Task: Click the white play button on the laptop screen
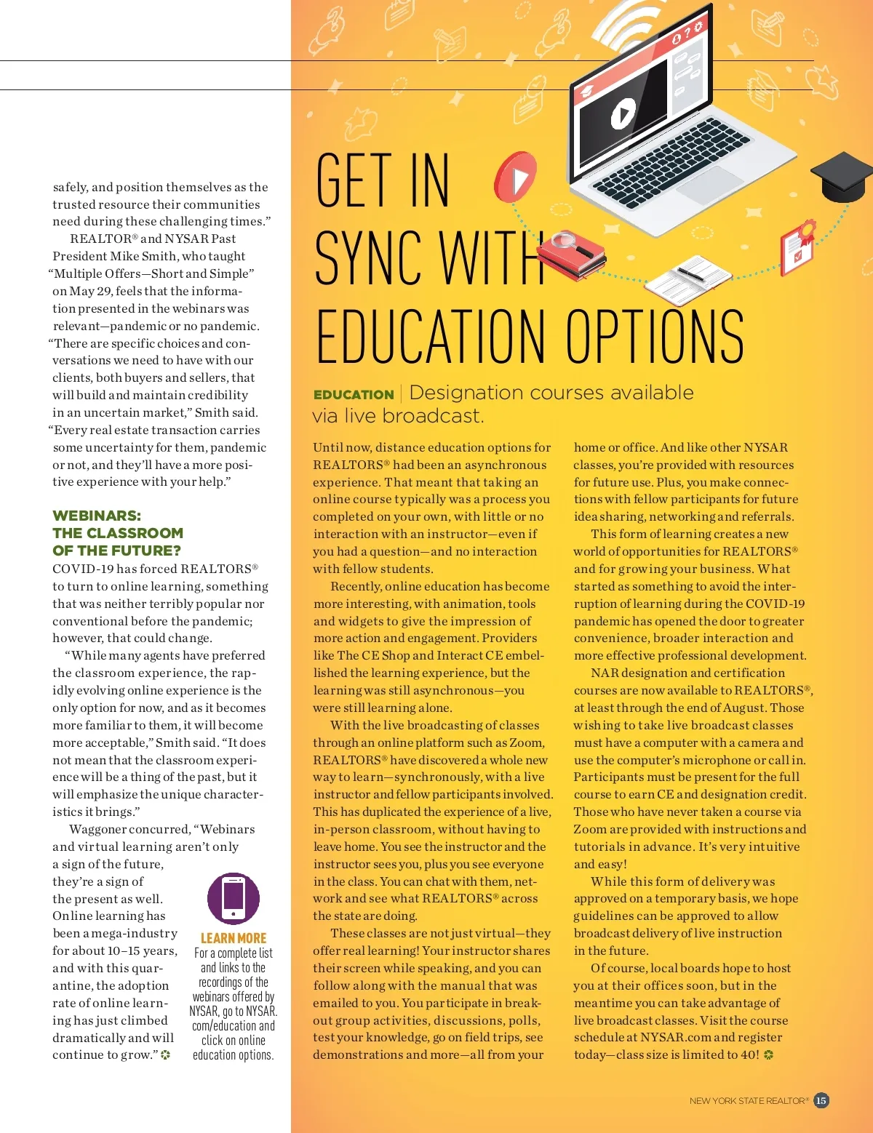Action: [x=622, y=113]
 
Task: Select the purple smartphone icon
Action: [x=233, y=898]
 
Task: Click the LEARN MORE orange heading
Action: [x=234, y=938]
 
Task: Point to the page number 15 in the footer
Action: [x=821, y=1100]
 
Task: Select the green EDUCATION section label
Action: [x=354, y=395]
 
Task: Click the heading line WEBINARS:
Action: [x=97, y=516]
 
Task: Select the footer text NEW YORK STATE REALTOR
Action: [x=749, y=1101]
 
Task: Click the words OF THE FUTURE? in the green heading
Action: [x=116, y=551]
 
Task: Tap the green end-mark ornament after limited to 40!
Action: [x=769, y=1055]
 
